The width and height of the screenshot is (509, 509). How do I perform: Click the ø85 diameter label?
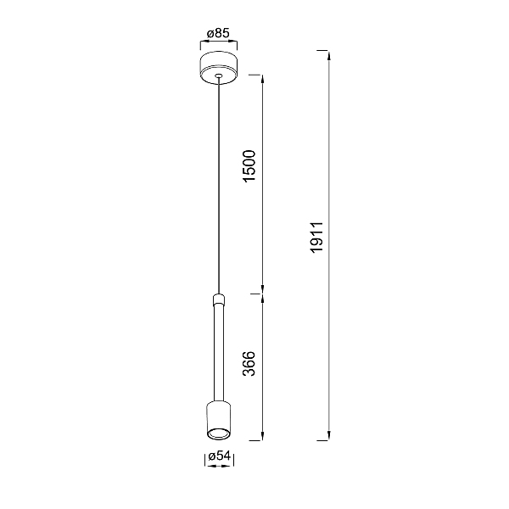[218, 33]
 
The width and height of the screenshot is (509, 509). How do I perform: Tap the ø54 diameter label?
[219, 456]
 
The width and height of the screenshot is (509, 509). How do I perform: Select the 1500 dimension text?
[249, 166]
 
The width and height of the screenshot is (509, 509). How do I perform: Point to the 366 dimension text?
[249, 364]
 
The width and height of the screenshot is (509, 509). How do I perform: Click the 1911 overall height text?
[316, 238]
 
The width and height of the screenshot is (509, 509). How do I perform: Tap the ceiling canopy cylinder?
[219, 68]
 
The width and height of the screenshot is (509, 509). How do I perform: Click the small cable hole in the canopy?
[219, 76]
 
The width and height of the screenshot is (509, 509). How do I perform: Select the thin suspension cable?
[219, 186]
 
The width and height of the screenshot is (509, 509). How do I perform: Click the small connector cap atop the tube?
[219, 299]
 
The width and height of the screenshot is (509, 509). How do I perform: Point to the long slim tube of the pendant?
[219, 353]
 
